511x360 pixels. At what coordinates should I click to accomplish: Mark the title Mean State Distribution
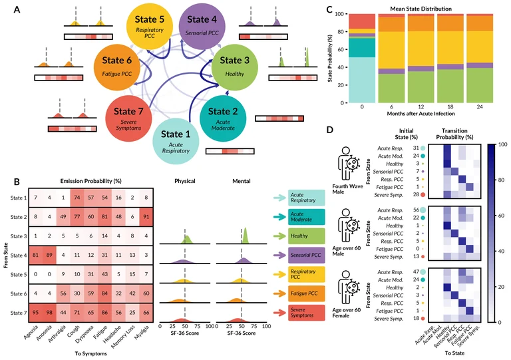click(423, 8)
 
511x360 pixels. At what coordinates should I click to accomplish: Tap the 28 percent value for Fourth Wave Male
click(415, 194)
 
